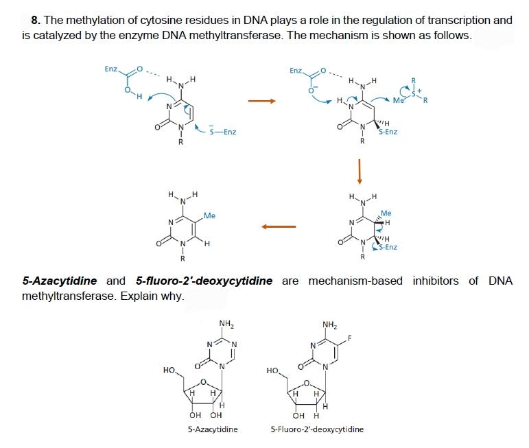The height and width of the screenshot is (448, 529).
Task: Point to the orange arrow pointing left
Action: click(277, 226)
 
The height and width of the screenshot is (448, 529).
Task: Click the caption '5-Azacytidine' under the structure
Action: click(213, 429)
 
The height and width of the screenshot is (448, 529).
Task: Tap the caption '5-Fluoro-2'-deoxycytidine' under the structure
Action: click(318, 429)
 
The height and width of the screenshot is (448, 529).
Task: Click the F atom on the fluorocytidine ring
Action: click(349, 338)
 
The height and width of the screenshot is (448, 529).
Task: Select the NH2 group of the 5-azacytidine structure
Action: click(224, 323)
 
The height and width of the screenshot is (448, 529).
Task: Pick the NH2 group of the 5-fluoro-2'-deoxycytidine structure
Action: click(329, 323)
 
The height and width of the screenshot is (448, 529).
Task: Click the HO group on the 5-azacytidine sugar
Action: click(168, 370)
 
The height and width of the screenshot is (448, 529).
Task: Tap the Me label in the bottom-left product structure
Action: click(209, 215)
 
